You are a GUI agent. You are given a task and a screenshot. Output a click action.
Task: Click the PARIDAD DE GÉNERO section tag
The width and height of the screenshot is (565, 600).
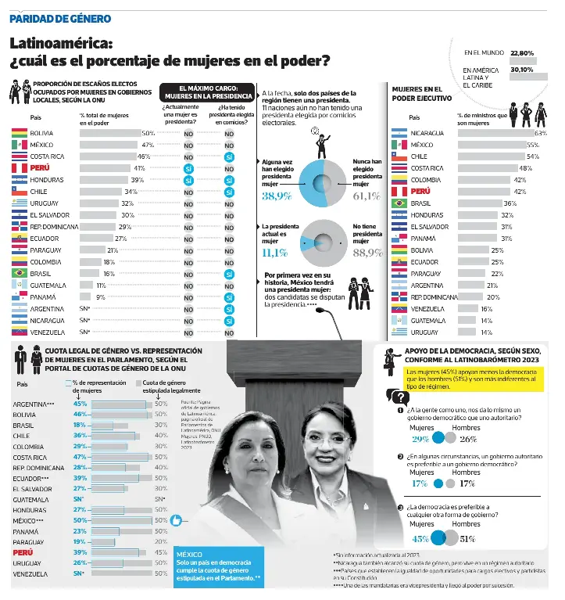coord(60,18)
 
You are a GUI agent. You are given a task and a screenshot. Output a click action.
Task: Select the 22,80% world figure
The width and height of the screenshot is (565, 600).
coord(521,53)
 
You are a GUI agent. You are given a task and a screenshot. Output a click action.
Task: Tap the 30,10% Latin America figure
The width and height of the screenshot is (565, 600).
coord(521,70)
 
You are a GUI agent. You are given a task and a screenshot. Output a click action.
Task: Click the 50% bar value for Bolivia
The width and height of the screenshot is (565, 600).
coord(148,134)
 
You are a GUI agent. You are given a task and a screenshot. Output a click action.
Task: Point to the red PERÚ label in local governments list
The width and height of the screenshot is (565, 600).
coord(41,168)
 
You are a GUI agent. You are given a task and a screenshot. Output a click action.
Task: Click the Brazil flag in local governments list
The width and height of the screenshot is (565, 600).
coord(19,274)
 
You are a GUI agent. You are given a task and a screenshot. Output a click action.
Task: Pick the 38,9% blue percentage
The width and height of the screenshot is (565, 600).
coord(277,196)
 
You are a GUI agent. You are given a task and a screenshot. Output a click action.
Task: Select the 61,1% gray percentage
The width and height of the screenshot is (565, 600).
coord(367,196)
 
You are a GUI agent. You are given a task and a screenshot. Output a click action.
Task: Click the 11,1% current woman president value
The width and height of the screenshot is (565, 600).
coord(274,253)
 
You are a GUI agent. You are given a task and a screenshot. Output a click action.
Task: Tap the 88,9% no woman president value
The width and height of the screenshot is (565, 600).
coord(367,253)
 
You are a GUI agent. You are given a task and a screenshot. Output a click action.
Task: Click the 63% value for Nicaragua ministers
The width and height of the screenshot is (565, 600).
coord(540,133)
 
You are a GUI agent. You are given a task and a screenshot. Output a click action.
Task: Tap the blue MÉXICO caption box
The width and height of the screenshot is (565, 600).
coord(219,567)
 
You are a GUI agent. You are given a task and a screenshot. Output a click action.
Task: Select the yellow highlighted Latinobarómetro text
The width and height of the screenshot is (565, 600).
coord(470,379)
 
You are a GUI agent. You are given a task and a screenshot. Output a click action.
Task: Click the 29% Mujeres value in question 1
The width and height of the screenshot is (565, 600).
coord(420,438)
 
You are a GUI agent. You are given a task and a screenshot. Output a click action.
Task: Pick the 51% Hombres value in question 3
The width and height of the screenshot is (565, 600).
coord(468,538)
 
